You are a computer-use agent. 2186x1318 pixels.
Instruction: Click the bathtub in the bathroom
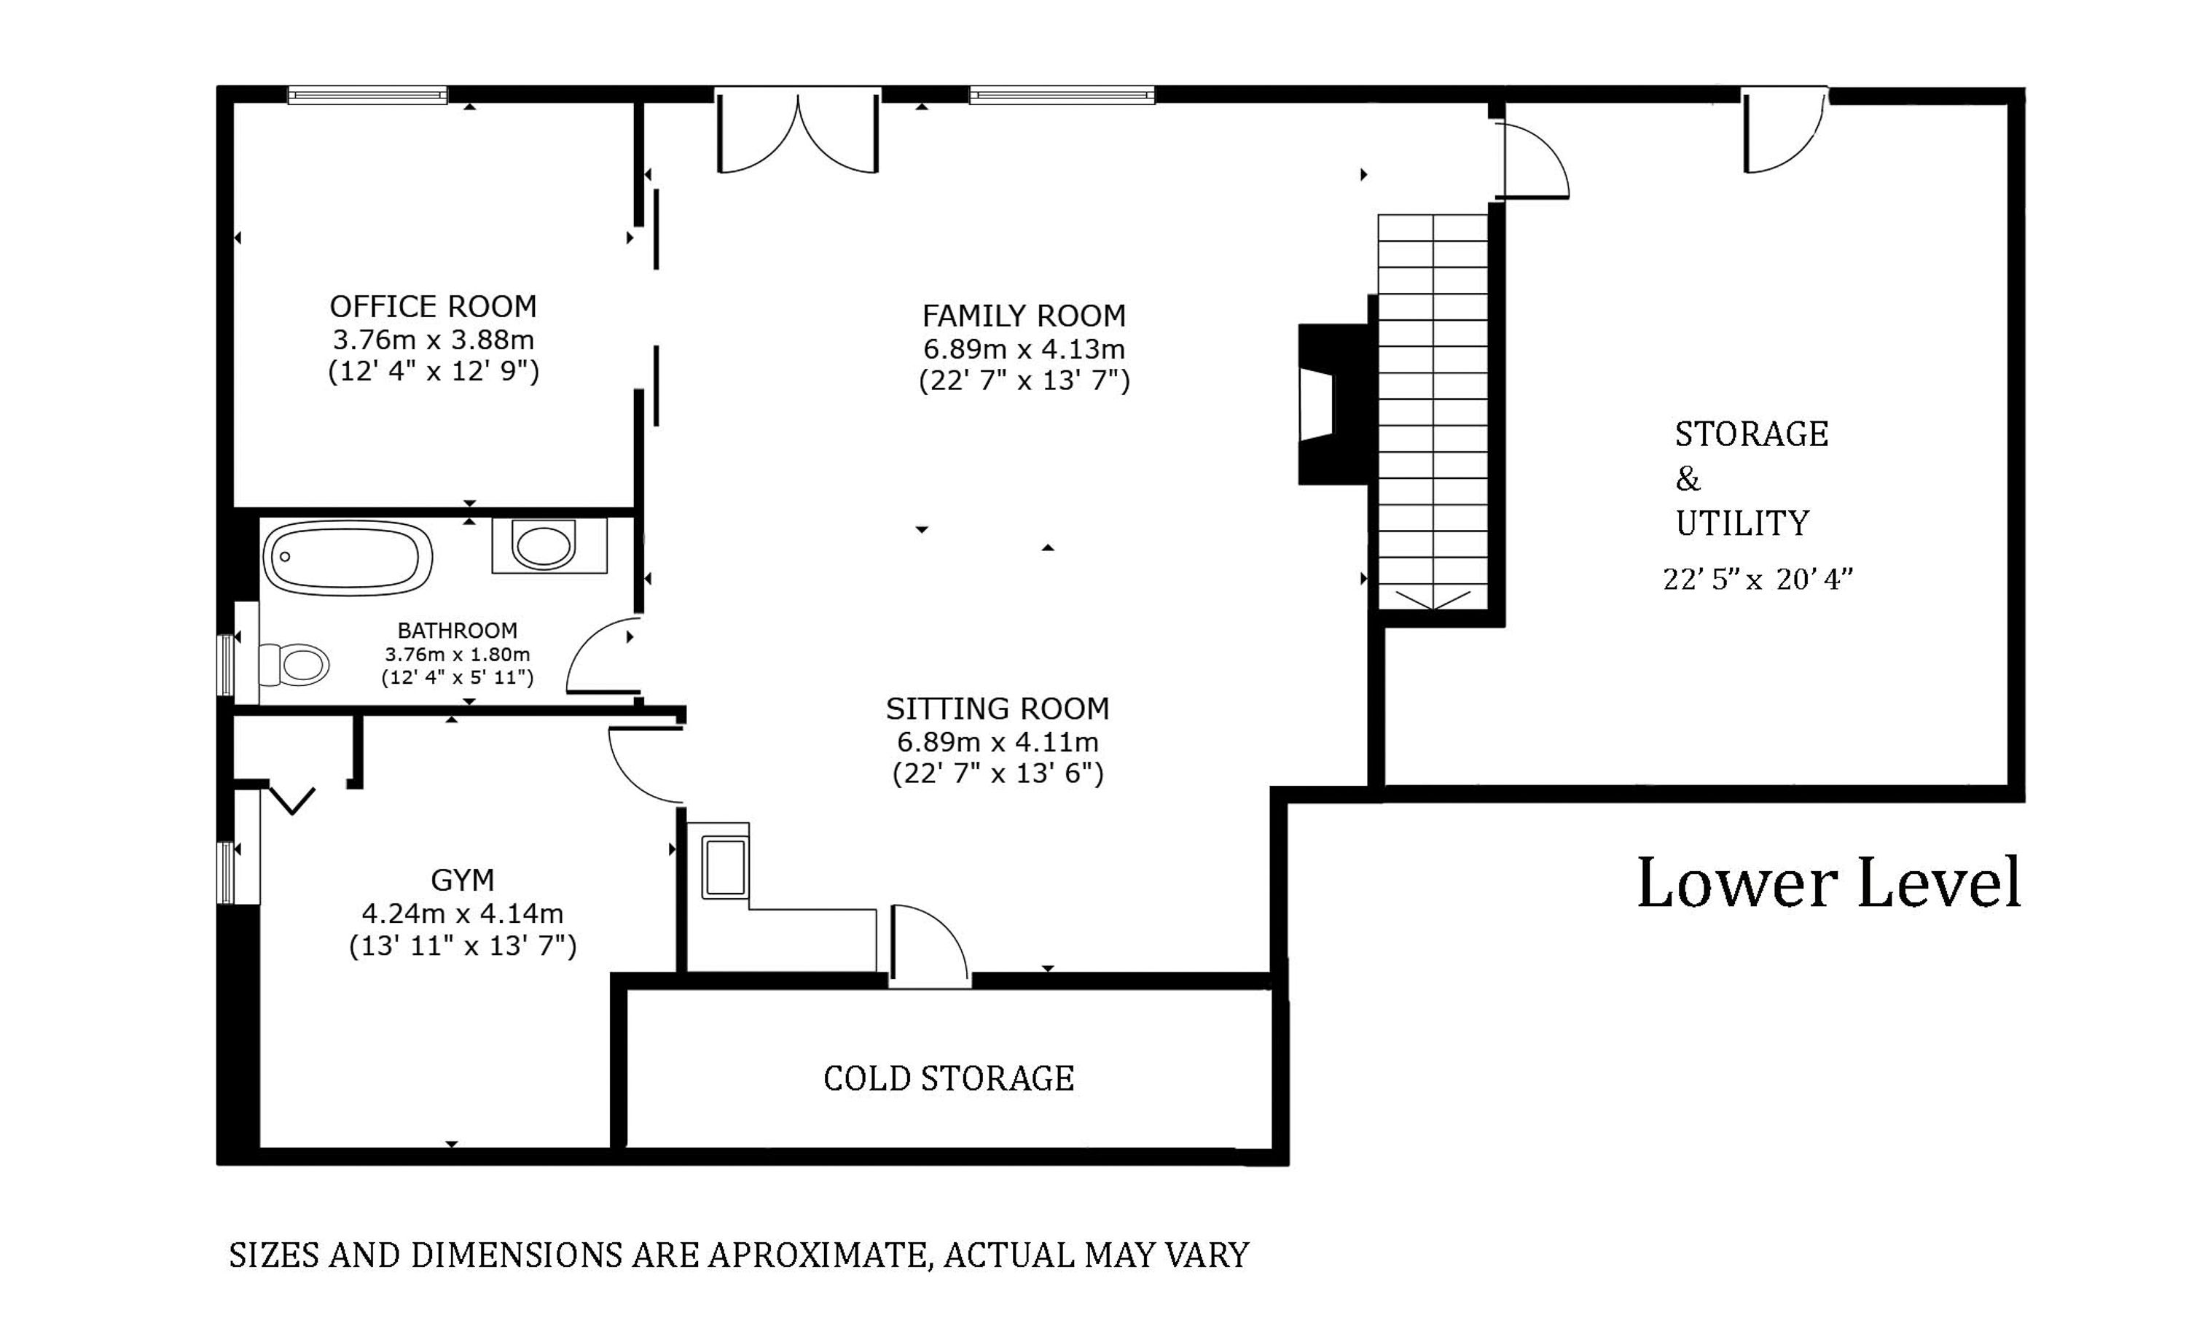pyautogui.click(x=347, y=558)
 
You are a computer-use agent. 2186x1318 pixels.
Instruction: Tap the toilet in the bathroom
pyautogui.click(x=294, y=664)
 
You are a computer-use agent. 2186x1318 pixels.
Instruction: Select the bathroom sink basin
pyautogui.click(x=542, y=547)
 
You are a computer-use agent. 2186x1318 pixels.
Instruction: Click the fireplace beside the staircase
pyautogui.click(x=1333, y=404)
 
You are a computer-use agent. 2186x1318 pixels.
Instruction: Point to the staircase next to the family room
pyautogui.click(x=1432, y=412)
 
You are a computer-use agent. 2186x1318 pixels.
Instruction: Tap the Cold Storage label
pyautogui.click(x=949, y=1078)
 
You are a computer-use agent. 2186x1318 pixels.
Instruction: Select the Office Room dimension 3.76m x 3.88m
pyautogui.click(x=433, y=339)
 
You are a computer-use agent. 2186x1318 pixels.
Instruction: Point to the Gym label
pyautogui.click(x=462, y=880)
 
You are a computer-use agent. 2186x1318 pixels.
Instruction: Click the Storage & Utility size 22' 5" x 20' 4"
pyautogui.click(x=1758, y=579)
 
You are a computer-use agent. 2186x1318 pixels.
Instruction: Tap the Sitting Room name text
pyautogui.click(x=998, y=709)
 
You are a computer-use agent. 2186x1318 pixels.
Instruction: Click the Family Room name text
pyautogui.click(x=1024, y=315)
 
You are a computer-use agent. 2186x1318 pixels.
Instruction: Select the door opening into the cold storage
pyautogui.click(x=929, y=945)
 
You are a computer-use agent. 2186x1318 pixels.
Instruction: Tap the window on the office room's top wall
pyautogui.click(x=367, y=95)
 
